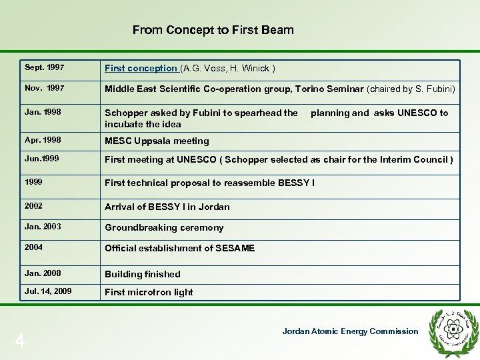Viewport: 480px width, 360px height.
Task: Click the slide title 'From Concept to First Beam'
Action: tap(213, 30)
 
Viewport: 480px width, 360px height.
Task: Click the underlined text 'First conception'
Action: tap(141, 69)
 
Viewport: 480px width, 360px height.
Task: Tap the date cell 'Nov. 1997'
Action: tap(44, 88)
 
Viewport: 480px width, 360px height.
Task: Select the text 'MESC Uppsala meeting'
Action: tap(157, 141)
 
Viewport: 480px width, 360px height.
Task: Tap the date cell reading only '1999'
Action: tap(34, 181)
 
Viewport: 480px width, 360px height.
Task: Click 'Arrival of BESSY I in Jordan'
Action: tap(167, 207)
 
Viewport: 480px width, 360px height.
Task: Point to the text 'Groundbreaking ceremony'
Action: tap(164, 227)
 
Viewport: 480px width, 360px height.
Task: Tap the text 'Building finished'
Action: tap(142, 274)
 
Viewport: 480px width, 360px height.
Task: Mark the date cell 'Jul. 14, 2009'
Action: tap(48, 291)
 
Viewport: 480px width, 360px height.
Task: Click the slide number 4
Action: tap(20, 341)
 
